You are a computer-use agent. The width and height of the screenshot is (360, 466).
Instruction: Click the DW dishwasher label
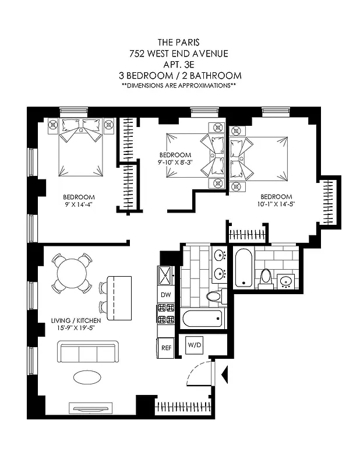pyautogui.click(x=165, y=295)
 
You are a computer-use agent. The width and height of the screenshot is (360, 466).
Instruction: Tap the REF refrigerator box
pyautogui.click(x=165, y=347)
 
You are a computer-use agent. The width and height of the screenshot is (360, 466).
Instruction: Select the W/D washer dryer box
pyautogui.click(x=194, y=345)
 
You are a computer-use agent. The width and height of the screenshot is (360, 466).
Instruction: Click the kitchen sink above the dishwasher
pyautogui.click(x=165, y=274)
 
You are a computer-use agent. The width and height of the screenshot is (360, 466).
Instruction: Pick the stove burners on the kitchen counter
pyautogui.click(x=165, y=313)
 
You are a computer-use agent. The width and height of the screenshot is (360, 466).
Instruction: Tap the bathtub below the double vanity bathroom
pyautogui.click(x=199, y=319)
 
